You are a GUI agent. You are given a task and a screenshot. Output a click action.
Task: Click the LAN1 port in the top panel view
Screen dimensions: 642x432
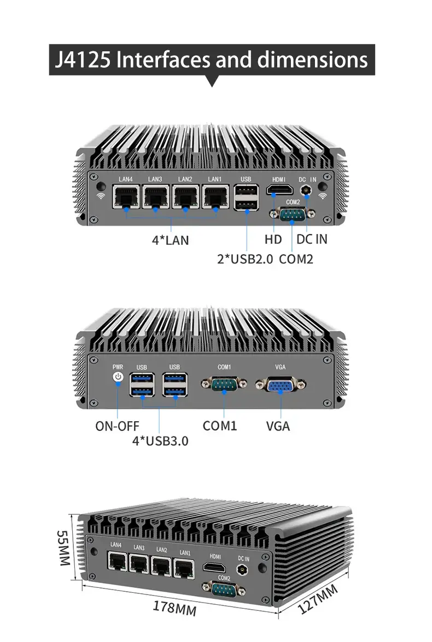[x=215, y=196]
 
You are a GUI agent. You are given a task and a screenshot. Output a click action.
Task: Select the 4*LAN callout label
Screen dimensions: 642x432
[x=170, y=240]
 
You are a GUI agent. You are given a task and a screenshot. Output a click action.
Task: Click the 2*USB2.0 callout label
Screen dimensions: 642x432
[x=244, y=259]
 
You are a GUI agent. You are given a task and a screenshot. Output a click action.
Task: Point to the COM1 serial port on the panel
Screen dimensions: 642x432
[x=224, y=384]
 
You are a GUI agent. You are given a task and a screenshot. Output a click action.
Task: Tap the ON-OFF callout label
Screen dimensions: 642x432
[x=117, y=426]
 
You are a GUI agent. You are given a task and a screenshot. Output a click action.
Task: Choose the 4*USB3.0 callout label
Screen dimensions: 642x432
[x=160, y=440]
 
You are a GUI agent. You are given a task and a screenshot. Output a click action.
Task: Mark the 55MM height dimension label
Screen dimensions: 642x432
[x=63, y=547]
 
